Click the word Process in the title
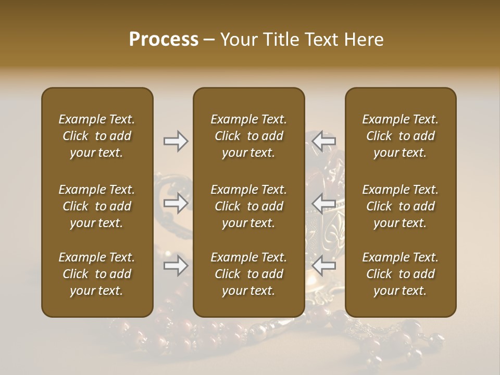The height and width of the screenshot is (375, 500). (164, 40)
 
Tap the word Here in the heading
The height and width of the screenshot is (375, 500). (363, 40)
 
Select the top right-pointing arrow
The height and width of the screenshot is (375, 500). (176, 141)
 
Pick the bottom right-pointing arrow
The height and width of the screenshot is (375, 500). (176, 266)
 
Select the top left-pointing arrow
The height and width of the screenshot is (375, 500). (325, 141)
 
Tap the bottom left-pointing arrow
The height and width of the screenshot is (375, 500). (325, 266)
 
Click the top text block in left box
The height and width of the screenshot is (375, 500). (97, 136)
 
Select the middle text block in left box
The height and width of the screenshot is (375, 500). (97, 206)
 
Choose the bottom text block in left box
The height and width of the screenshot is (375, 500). (97, 274)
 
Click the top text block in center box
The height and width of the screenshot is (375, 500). (248, 136)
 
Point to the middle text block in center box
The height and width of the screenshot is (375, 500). (248, 206)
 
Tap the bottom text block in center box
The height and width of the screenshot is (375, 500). (248, 274)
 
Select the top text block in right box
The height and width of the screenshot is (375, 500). (400, 136)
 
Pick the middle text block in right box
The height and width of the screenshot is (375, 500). (400, 206)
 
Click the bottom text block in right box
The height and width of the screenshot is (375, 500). (400, 274)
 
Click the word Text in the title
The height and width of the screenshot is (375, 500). (318, 40)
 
